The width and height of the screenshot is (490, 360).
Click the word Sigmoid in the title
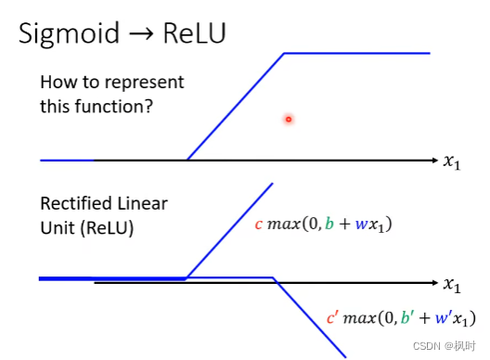(69, 34)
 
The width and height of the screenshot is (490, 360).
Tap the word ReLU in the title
(194, 32)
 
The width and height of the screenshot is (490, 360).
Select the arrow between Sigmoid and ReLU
(141, 33)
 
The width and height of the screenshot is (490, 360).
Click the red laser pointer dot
(289, 120)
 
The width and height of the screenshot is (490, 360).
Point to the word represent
(144, 84)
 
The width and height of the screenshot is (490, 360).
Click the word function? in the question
(114, 107)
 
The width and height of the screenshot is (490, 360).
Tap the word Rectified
(76, 203)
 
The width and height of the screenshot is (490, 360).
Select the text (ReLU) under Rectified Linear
(108, 228)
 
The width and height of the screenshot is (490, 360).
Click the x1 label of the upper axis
(452, 162)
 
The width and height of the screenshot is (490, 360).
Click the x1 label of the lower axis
(452, 286)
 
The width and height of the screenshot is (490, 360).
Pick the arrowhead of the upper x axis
(435, 161)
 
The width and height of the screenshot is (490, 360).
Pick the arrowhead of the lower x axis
(435, 283)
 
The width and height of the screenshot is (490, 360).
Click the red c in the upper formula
(258, 225)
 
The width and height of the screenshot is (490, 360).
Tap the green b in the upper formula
(329, 223)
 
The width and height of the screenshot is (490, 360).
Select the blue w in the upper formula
(361, 225)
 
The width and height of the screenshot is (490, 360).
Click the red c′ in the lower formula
(332, 317)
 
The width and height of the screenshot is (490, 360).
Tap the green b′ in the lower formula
(406, 317)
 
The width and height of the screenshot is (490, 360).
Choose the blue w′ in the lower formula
(443, 317)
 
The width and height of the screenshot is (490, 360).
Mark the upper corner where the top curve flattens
(284, 54)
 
